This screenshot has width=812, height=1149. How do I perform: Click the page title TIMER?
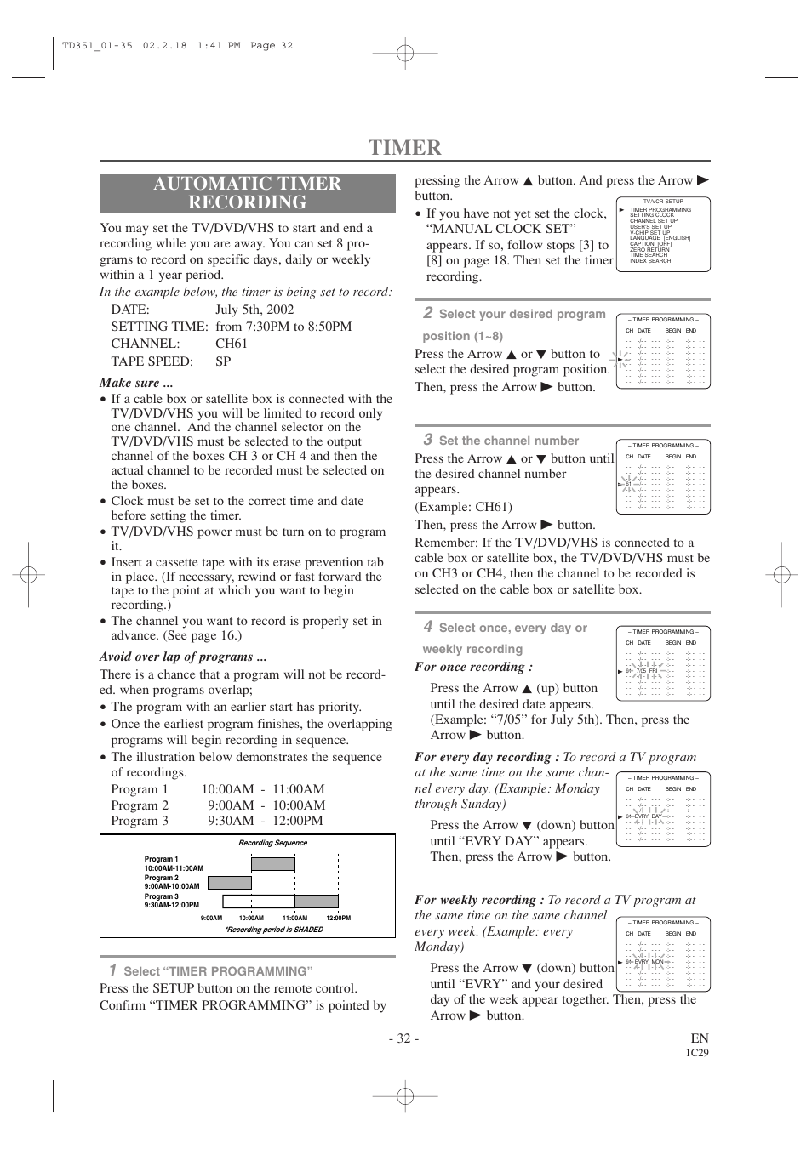click(x=405, y=147)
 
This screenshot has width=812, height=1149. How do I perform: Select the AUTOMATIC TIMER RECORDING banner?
click(x=247, y=193)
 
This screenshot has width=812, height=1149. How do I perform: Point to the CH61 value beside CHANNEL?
click(x=232, y=344)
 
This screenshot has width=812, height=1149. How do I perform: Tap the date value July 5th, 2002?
click(x=254, y=310)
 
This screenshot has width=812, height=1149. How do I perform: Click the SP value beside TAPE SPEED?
click(x=223, y=361)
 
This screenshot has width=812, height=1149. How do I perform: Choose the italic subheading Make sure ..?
click(x=136, y=383)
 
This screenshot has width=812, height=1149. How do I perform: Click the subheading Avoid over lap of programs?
click(x=183, y=657)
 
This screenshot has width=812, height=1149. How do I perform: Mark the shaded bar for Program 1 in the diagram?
click(x=273, y=864)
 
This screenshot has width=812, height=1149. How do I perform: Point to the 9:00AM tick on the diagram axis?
click(x=211, y=918)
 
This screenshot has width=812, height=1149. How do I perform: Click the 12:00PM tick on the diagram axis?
click(x=338, y=918)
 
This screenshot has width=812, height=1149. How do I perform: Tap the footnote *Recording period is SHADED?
click(x=274, y=930)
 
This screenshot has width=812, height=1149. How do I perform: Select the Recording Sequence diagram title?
click(x=272, y=843)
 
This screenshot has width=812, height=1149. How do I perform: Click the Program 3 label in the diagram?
click(x=162, y=896)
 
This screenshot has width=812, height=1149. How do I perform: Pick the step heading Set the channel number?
click(x=508, y=441)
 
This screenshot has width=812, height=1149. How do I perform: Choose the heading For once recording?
click(x=473, y=667)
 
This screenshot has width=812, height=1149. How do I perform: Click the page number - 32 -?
click(x=403, y=1038)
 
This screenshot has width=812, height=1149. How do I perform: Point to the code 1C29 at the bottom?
click(x=697, y=1053)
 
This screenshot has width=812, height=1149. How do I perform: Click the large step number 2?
click(x=428, y=313)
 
